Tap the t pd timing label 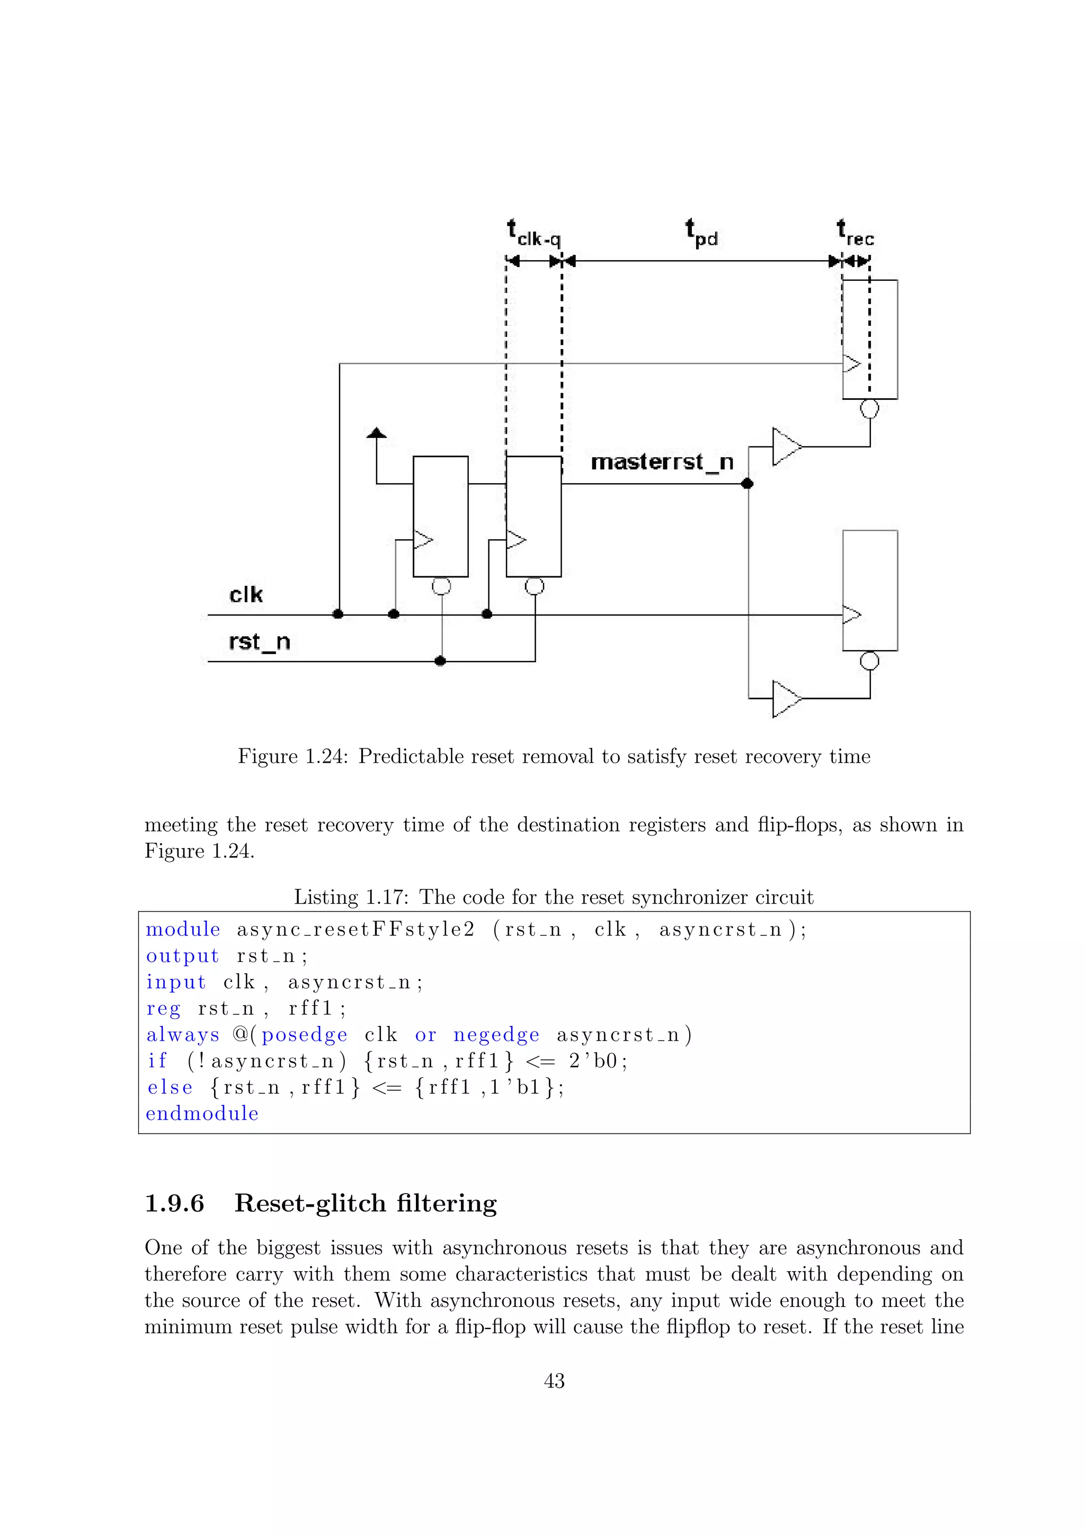tap(701, 233)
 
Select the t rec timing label tap(855, 233)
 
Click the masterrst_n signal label tap(662, 462)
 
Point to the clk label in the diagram tap(246, 595)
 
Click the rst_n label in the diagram tap(259, 642)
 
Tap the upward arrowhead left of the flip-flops tap(377, 433)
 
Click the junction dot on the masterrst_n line tap(748, 483)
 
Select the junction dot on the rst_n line tap(440, 661)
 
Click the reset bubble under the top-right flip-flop tap(869, 408)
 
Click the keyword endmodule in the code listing tap(202, 1114)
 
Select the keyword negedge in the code tap(496, 1035)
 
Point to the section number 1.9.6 tap(174, 1203)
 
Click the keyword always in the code tap(182, 1035)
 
